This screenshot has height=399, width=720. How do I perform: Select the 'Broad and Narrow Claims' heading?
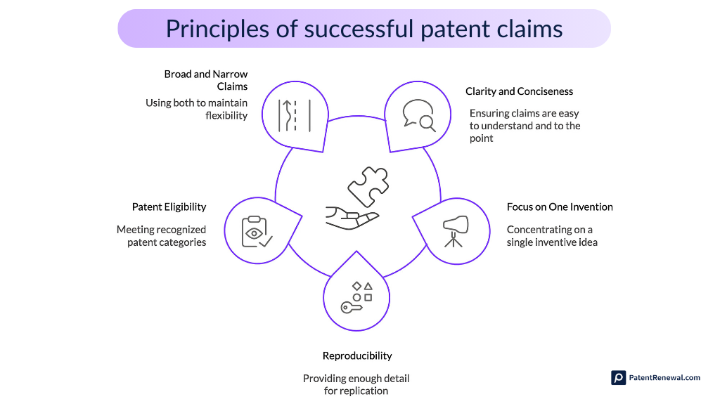tap(206, 80)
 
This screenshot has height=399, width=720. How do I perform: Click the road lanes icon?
tap(295, 115)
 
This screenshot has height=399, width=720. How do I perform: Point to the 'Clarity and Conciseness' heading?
tap(519, 91)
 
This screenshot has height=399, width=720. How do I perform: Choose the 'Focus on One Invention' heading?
tap(560, 207)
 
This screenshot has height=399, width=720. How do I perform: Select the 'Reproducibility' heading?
tap(357, 355)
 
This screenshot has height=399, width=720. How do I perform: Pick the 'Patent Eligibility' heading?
tap(169, 207)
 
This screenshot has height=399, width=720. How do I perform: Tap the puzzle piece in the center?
tap(367, 186)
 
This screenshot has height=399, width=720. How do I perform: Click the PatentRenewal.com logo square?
tap(618, 378)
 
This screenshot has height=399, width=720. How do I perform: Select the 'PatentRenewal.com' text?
tap(664, 378)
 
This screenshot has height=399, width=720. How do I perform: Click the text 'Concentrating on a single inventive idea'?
tap(552, 236)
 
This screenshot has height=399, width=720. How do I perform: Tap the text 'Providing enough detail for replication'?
tap(356, 384)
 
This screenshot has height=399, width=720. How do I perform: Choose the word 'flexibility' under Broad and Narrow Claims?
tap(226, 116)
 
